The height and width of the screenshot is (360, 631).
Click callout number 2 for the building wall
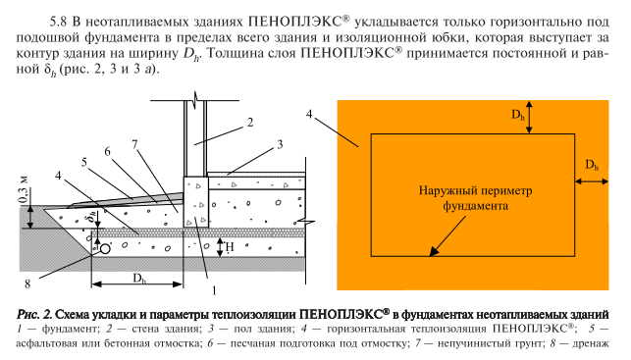pos(250,123)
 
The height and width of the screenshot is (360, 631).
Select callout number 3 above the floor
pos(280,143)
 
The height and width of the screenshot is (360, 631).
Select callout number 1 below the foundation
pos(213,291)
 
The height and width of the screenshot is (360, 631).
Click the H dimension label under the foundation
pos(228,249)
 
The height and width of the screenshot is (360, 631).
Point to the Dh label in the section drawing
pos(140,278)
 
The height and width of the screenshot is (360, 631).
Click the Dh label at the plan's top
pos(518,116)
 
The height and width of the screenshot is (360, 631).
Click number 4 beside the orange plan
pos(310,114)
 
